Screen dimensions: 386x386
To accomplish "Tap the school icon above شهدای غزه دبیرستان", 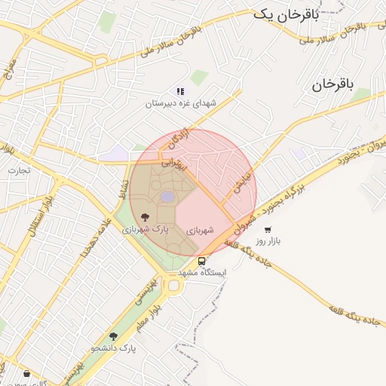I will pyautogui.click(x=180, y=91).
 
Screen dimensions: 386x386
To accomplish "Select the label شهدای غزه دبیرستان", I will pyautogui.click(x=181, y=103).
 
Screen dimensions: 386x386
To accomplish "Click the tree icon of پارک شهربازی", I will pyautogui.click(x=145, y=216).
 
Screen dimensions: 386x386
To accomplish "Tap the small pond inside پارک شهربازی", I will pyautogui.click(x=167, y=197).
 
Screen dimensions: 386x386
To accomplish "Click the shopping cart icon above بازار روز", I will pyautogui.click(x=268, y=229).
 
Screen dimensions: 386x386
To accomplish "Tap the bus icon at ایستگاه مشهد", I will pyautogui.click(x=201, y=261).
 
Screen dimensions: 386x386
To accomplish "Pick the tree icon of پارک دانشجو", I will pyautogui.click(x=114, y=337).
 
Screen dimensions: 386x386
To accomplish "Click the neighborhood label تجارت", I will pyautogui.click(x=19, y=170).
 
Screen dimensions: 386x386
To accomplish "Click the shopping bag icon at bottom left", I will pyautogui.click(x=27, y=373).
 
